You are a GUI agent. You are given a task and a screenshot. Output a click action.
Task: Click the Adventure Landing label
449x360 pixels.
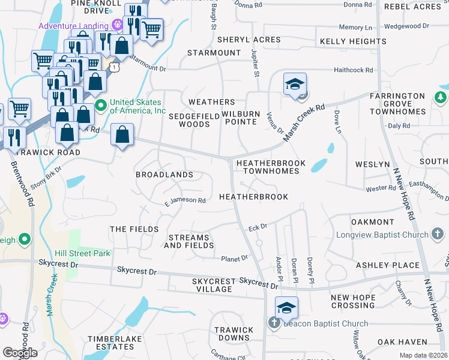click(x=73, y=26)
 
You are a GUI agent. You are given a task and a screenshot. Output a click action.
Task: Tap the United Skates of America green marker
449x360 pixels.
click(x=100, y=106)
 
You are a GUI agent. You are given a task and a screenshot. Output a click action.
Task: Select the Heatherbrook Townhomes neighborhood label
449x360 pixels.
click(x=267, y=167)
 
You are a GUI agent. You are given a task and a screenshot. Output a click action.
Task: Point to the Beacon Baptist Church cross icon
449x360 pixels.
click(x=274, y=323)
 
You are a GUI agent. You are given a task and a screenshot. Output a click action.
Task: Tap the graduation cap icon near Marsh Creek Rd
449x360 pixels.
click(x=295, y=85)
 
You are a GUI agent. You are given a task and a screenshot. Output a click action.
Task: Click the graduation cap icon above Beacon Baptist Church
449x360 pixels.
click(x=286, y=308)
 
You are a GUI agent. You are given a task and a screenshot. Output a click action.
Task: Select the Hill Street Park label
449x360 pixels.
click(x=82, y=253)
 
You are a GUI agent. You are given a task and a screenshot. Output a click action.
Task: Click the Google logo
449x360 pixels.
click(x=20, y=353)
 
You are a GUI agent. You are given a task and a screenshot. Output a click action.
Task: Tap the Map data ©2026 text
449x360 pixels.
click(x=423, y=355)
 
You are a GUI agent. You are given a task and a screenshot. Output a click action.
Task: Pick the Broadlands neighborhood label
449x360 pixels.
click(x=164, y=175)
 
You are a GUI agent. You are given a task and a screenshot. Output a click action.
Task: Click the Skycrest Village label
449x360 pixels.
click(x=212, y=285)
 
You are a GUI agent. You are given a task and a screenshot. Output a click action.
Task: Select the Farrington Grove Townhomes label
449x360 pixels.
click(x=397, y=104)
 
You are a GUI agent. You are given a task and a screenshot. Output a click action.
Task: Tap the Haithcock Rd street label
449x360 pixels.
click(x=354, y=70)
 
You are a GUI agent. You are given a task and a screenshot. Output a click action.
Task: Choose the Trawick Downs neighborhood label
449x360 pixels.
click(x=235, y=334)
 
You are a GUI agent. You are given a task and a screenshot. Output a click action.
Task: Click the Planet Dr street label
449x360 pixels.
click(x=234, y=259)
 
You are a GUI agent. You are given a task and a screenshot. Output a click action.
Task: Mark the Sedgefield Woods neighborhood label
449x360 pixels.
click(x=189, y=120)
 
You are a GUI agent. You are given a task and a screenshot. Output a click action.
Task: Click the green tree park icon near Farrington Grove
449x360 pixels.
click(x=440, y=97)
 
